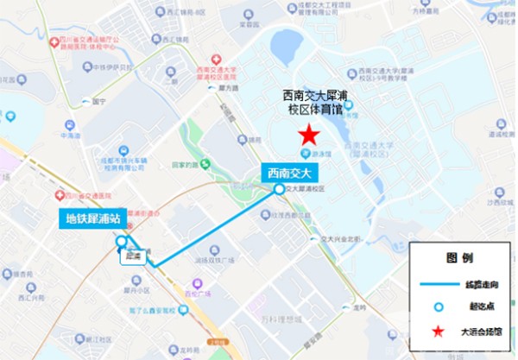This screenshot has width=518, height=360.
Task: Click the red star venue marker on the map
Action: click(x=307, y=136)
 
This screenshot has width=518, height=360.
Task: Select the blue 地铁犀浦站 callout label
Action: click(x=94, y=218)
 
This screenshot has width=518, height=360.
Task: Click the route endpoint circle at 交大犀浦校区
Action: click(x=278, y=188)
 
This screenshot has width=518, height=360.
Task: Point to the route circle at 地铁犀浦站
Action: click(x=122, y=241)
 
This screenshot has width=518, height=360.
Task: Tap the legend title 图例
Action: click(x=458, y=257)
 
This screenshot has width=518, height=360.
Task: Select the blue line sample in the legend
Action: click(x=438, y=282)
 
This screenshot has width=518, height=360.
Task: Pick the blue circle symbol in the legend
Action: click(x=438, y=306)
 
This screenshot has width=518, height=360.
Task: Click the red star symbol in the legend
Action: click(x=438, y=331)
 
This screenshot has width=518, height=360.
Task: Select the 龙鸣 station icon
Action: click(x=346, y=306)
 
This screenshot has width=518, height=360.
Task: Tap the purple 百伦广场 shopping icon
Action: click(x=198, y=281)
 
